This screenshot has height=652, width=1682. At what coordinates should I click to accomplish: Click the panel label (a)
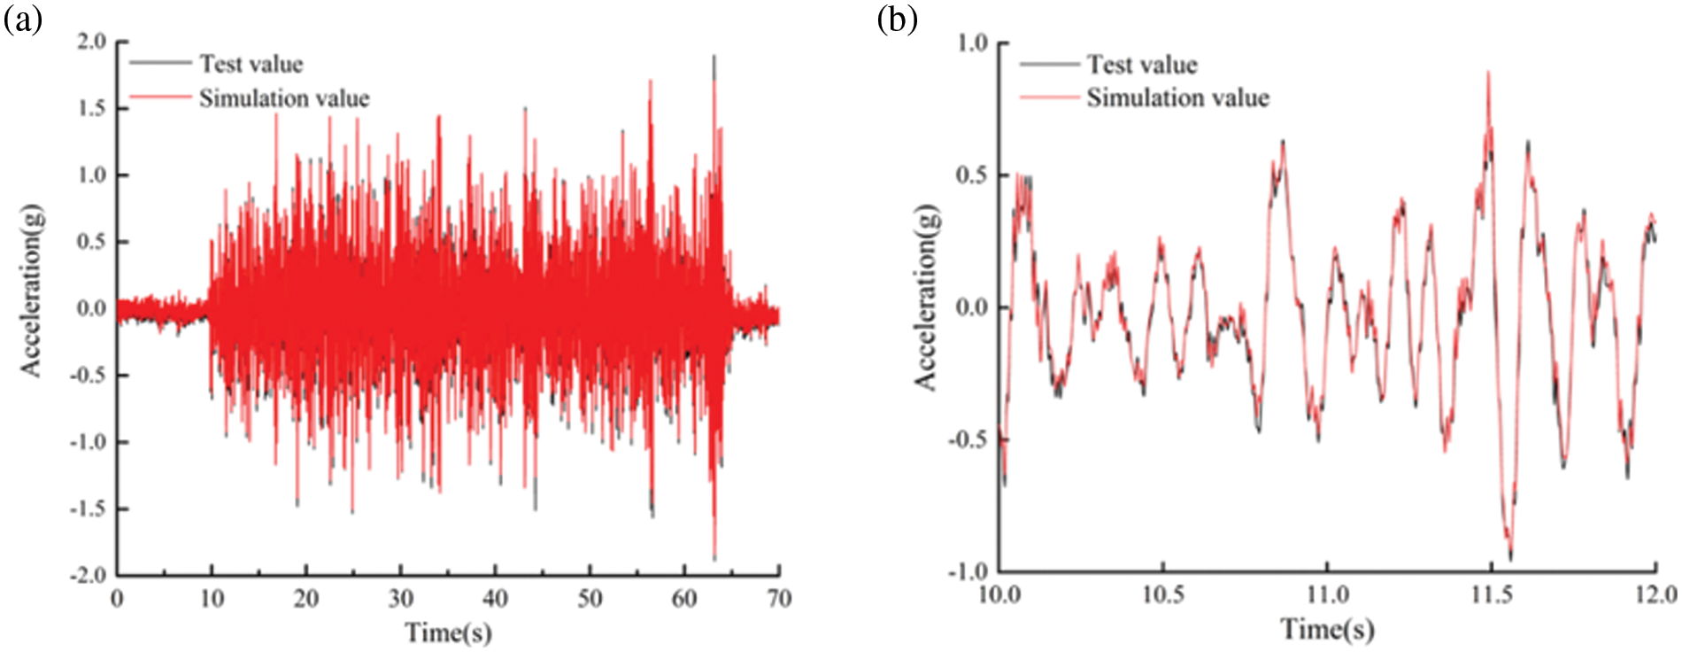[23, 19]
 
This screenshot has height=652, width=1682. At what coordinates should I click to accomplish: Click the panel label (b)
[897, 19]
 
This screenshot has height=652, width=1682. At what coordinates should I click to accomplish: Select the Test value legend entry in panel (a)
[251, 64]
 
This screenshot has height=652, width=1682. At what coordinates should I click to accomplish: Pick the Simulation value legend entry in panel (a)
[283, 97]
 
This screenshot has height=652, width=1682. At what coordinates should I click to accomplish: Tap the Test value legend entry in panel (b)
[1141, 65]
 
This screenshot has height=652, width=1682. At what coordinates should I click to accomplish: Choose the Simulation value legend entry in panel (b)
[1177, 97]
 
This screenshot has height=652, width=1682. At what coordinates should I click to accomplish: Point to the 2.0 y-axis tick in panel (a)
[90, 42]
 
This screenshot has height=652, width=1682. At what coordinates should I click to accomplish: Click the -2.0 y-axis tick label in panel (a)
[88, 575]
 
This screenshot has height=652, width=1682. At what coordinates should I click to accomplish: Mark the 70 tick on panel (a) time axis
[779, 600]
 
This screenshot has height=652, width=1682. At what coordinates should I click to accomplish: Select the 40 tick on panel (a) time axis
[495, 600]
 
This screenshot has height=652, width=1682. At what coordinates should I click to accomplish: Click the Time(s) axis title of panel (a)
[448, 633]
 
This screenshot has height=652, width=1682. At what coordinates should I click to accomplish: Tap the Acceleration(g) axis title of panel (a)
[32, 292]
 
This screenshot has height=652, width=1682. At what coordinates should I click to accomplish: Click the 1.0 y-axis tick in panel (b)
[972, 43]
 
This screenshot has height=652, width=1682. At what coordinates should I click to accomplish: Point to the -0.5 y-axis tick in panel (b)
[968, 439]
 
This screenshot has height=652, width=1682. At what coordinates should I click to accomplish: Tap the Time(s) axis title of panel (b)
[1327, 629]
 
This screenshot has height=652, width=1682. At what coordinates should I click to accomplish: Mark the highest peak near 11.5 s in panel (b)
[1488, 74]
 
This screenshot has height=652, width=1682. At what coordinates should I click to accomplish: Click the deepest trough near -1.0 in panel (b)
[1509, 558]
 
